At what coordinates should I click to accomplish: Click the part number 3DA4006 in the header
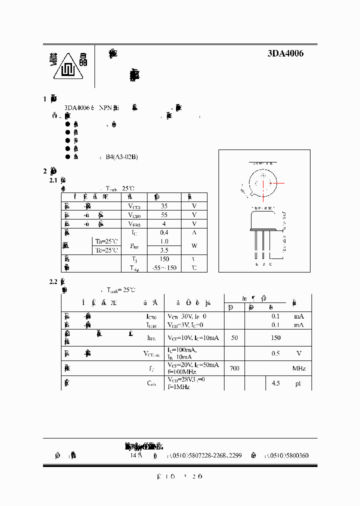285,54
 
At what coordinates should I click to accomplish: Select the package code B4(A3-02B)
121,157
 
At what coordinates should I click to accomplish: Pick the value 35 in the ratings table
164,205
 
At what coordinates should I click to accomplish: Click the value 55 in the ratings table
164,214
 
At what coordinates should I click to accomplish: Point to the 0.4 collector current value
164,232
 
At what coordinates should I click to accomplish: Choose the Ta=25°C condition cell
107,241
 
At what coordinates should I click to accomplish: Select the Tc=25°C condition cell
107,250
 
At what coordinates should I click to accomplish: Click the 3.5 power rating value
164,250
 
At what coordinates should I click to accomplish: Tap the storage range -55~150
164,268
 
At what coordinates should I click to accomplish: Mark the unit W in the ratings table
194,245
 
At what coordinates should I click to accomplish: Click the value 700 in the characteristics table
234,368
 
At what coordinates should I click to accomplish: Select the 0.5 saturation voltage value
275,353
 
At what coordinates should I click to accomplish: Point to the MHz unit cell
299,368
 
